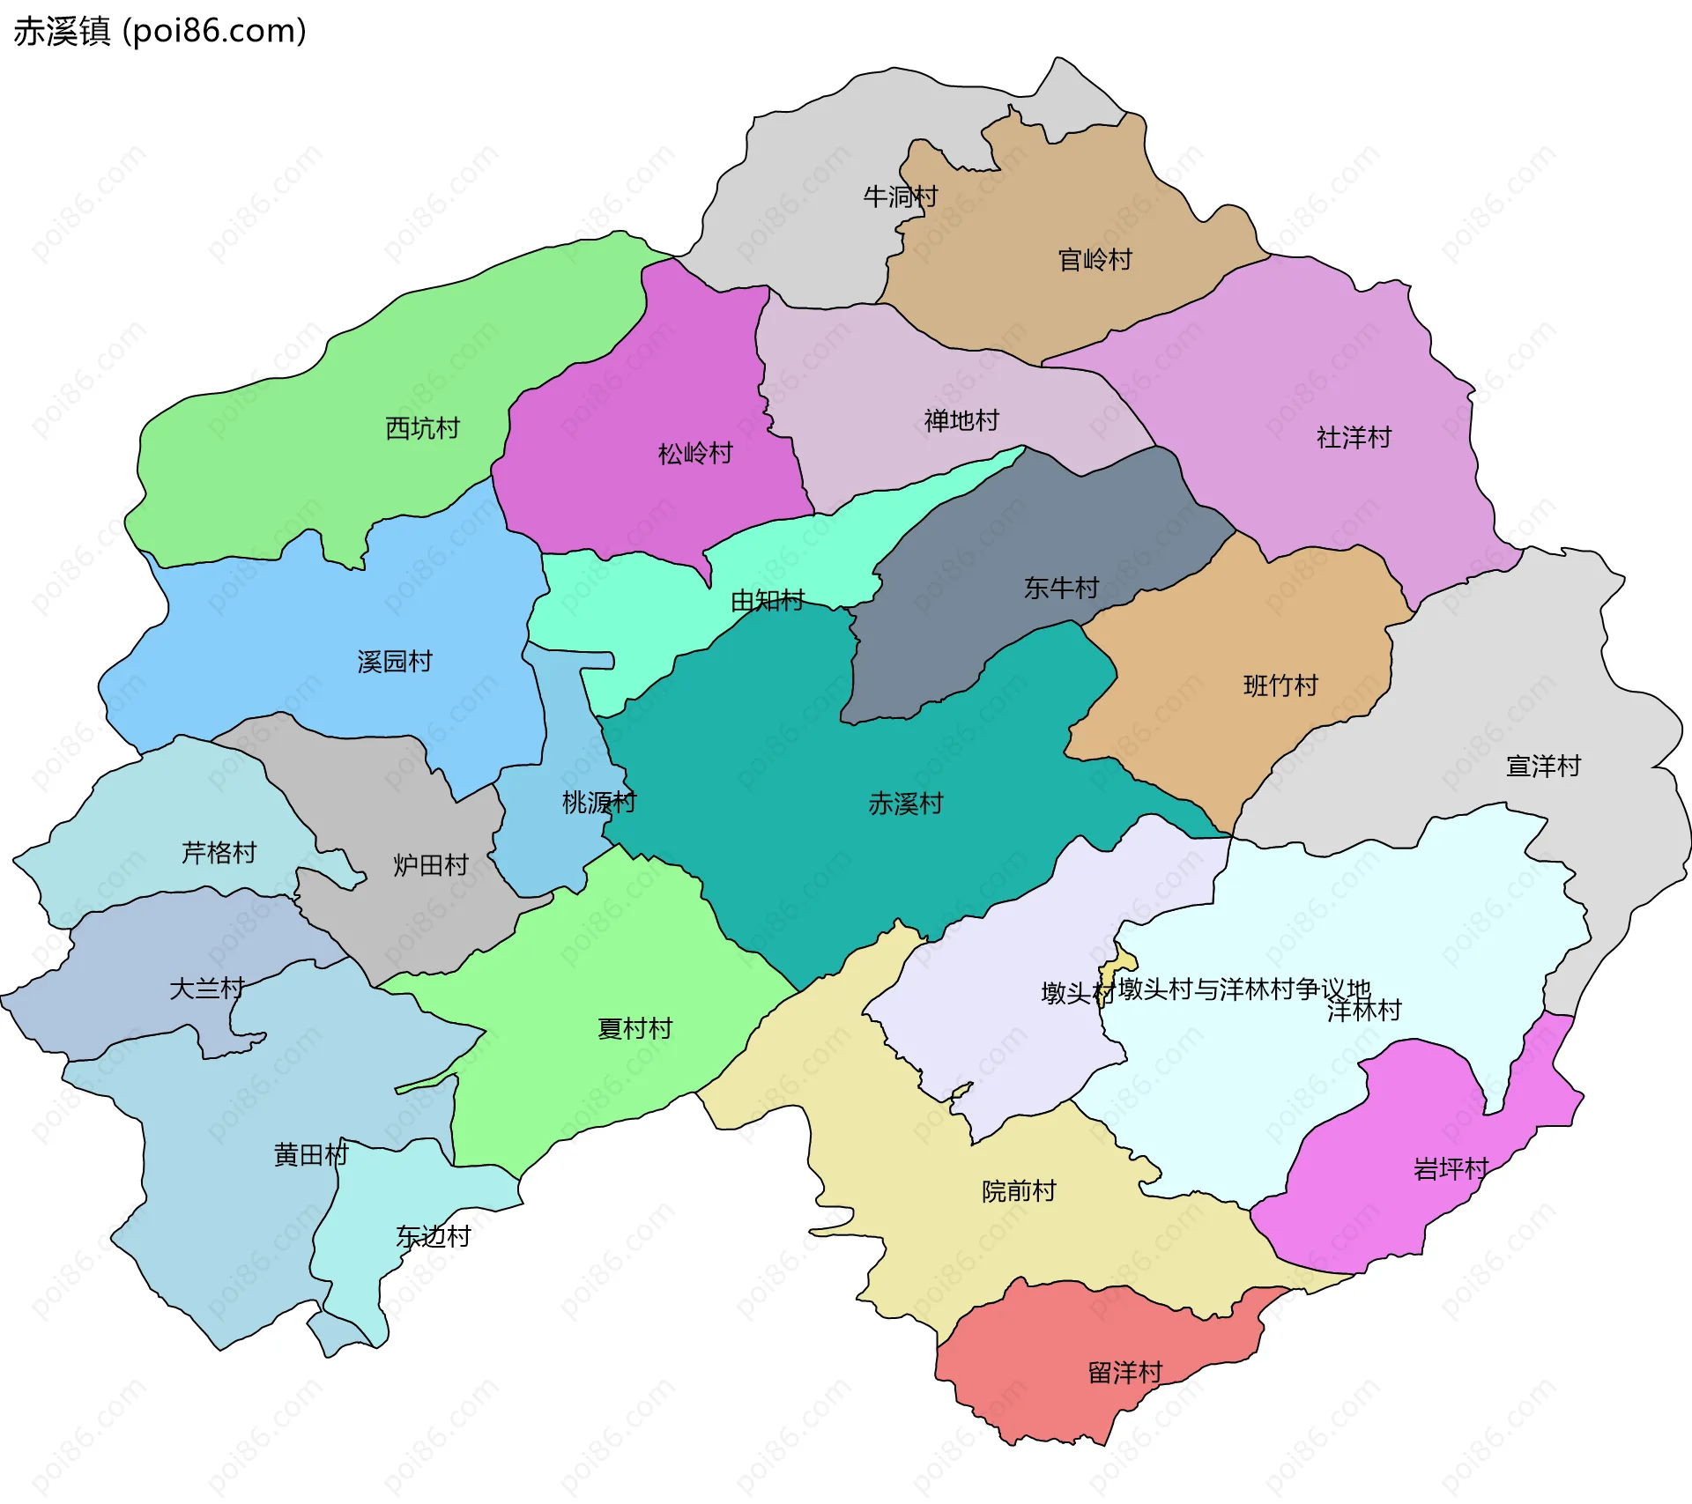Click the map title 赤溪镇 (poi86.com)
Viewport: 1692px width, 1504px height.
coord(160,32)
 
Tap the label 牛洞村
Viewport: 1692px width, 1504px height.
coord(900,196)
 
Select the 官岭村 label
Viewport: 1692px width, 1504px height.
coord(1095,260)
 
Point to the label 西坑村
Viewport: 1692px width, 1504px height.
coord(422,428)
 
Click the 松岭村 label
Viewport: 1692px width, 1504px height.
coord(695,454)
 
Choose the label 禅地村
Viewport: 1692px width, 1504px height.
coord(961,420)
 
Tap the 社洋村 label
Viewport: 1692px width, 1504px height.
coord(1354,437)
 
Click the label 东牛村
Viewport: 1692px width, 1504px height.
coord(1061,588)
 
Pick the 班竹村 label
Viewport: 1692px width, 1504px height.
coord(1280,685)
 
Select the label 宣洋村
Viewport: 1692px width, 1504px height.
coord(1543,766)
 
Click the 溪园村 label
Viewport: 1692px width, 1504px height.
coord(394,662)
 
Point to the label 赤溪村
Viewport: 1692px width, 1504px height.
coord(905,804)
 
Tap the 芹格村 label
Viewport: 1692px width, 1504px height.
coord(219,853)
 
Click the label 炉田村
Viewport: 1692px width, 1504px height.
coord(430,865)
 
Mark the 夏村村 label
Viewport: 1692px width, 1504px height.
coord(634,1028)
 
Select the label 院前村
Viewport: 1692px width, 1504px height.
coord(1019,1191)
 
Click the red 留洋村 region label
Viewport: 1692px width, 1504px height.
coord(1125,1372)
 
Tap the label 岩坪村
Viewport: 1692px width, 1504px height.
coord(1451,1169)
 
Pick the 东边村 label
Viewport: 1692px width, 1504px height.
coord(433,1236)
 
